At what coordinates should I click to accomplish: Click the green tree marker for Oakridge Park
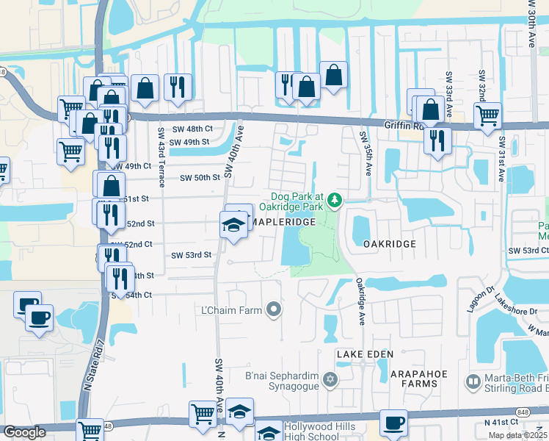pyautogui.click(x=335, y=199)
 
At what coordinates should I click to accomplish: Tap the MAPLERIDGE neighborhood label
pyautogui.click(x=286, y=221)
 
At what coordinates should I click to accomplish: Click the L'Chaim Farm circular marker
pyautogui.click(x=274, y=309)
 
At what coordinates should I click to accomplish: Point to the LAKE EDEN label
pyautogui.click(x=361, y=354)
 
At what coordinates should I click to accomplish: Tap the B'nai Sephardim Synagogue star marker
pyautogui.click(x=330, y=380)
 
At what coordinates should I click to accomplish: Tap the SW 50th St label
pyautogui.click(x=200, y=177)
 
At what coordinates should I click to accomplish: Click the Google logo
pyautogui.click(x=24, y=432)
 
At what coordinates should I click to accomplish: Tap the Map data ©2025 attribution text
pyautogui.click(x=517, y=435)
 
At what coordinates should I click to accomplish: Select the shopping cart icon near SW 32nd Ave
pyautogui.click(x=487, y=116)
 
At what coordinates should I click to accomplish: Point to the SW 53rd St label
pyautogui.click(x=192, y=255)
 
